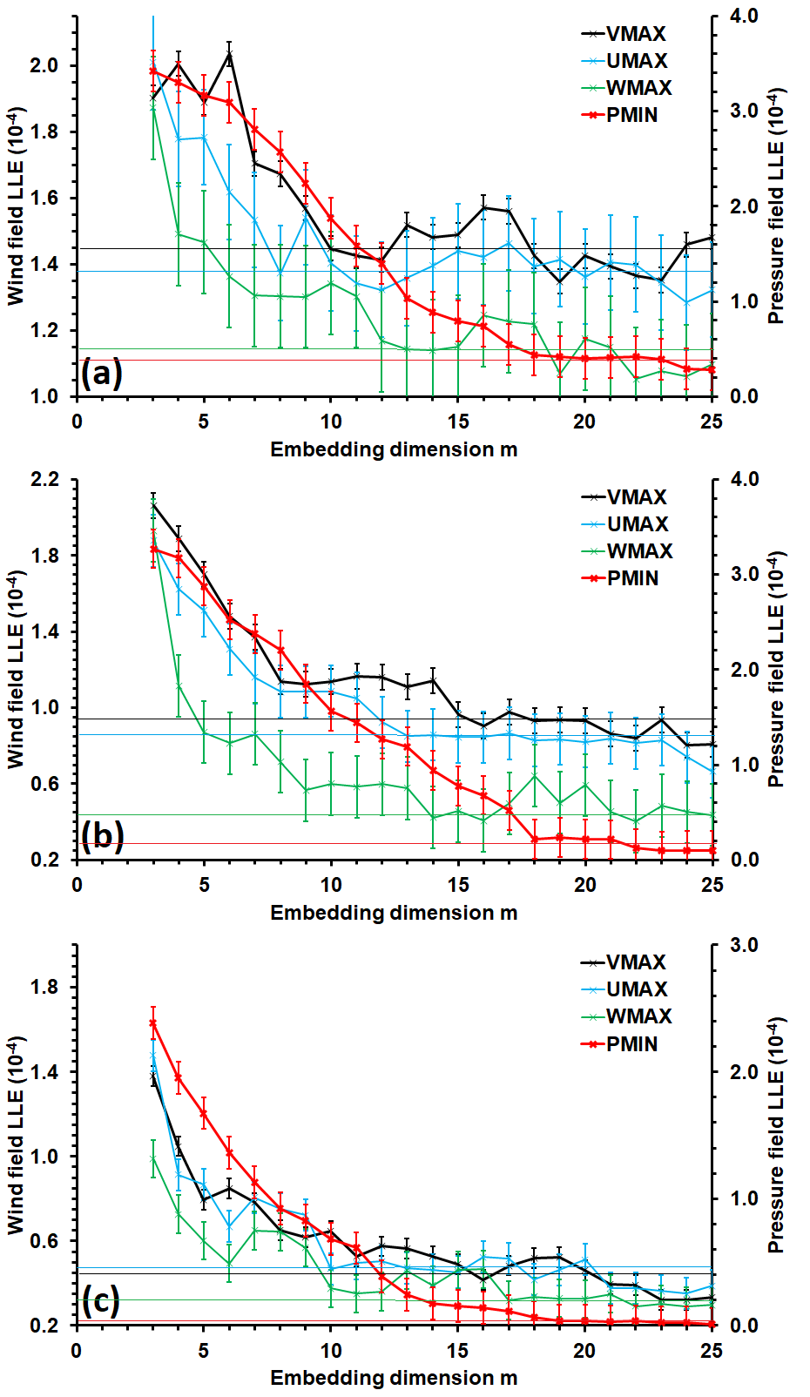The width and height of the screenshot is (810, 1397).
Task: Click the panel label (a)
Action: (x=101, y=374)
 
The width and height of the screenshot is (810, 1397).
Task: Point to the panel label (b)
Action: (x=102, y=836)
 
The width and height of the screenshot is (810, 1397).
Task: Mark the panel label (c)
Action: (x=101, y=1301)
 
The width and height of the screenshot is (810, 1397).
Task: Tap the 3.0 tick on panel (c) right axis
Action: (x=743, y=945)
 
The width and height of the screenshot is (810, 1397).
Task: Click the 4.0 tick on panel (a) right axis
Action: (x=743, y=16)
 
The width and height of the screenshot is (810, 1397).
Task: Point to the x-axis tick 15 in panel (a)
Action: (x=458, y=422)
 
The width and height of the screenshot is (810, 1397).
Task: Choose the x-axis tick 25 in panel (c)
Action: (x=712, y=1351)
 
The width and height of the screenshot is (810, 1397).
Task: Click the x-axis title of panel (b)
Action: (x=394, y=913)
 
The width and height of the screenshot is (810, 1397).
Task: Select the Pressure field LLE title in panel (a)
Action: (x=776, y=206)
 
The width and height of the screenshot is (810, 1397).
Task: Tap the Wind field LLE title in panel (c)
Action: (x=16, y=1134)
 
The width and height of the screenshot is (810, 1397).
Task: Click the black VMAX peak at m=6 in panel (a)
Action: (x=229, y=54)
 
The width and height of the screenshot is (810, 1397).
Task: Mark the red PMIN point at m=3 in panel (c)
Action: (x=153, y=1023)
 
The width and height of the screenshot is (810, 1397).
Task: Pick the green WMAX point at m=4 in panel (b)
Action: (x=179, y=685)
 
